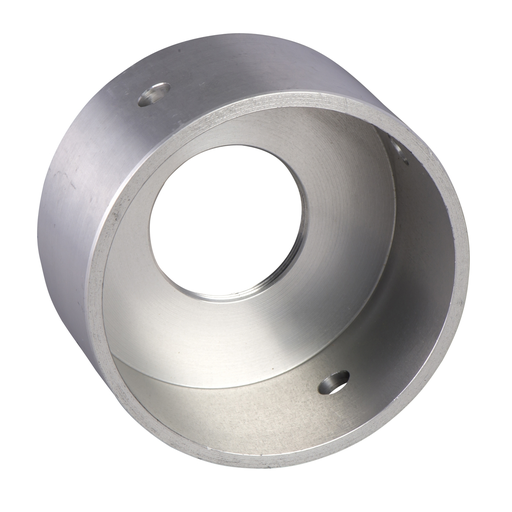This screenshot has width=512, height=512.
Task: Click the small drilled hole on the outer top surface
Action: [x=153, y=95]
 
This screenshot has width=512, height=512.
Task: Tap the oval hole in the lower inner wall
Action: [x=334, y=381]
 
